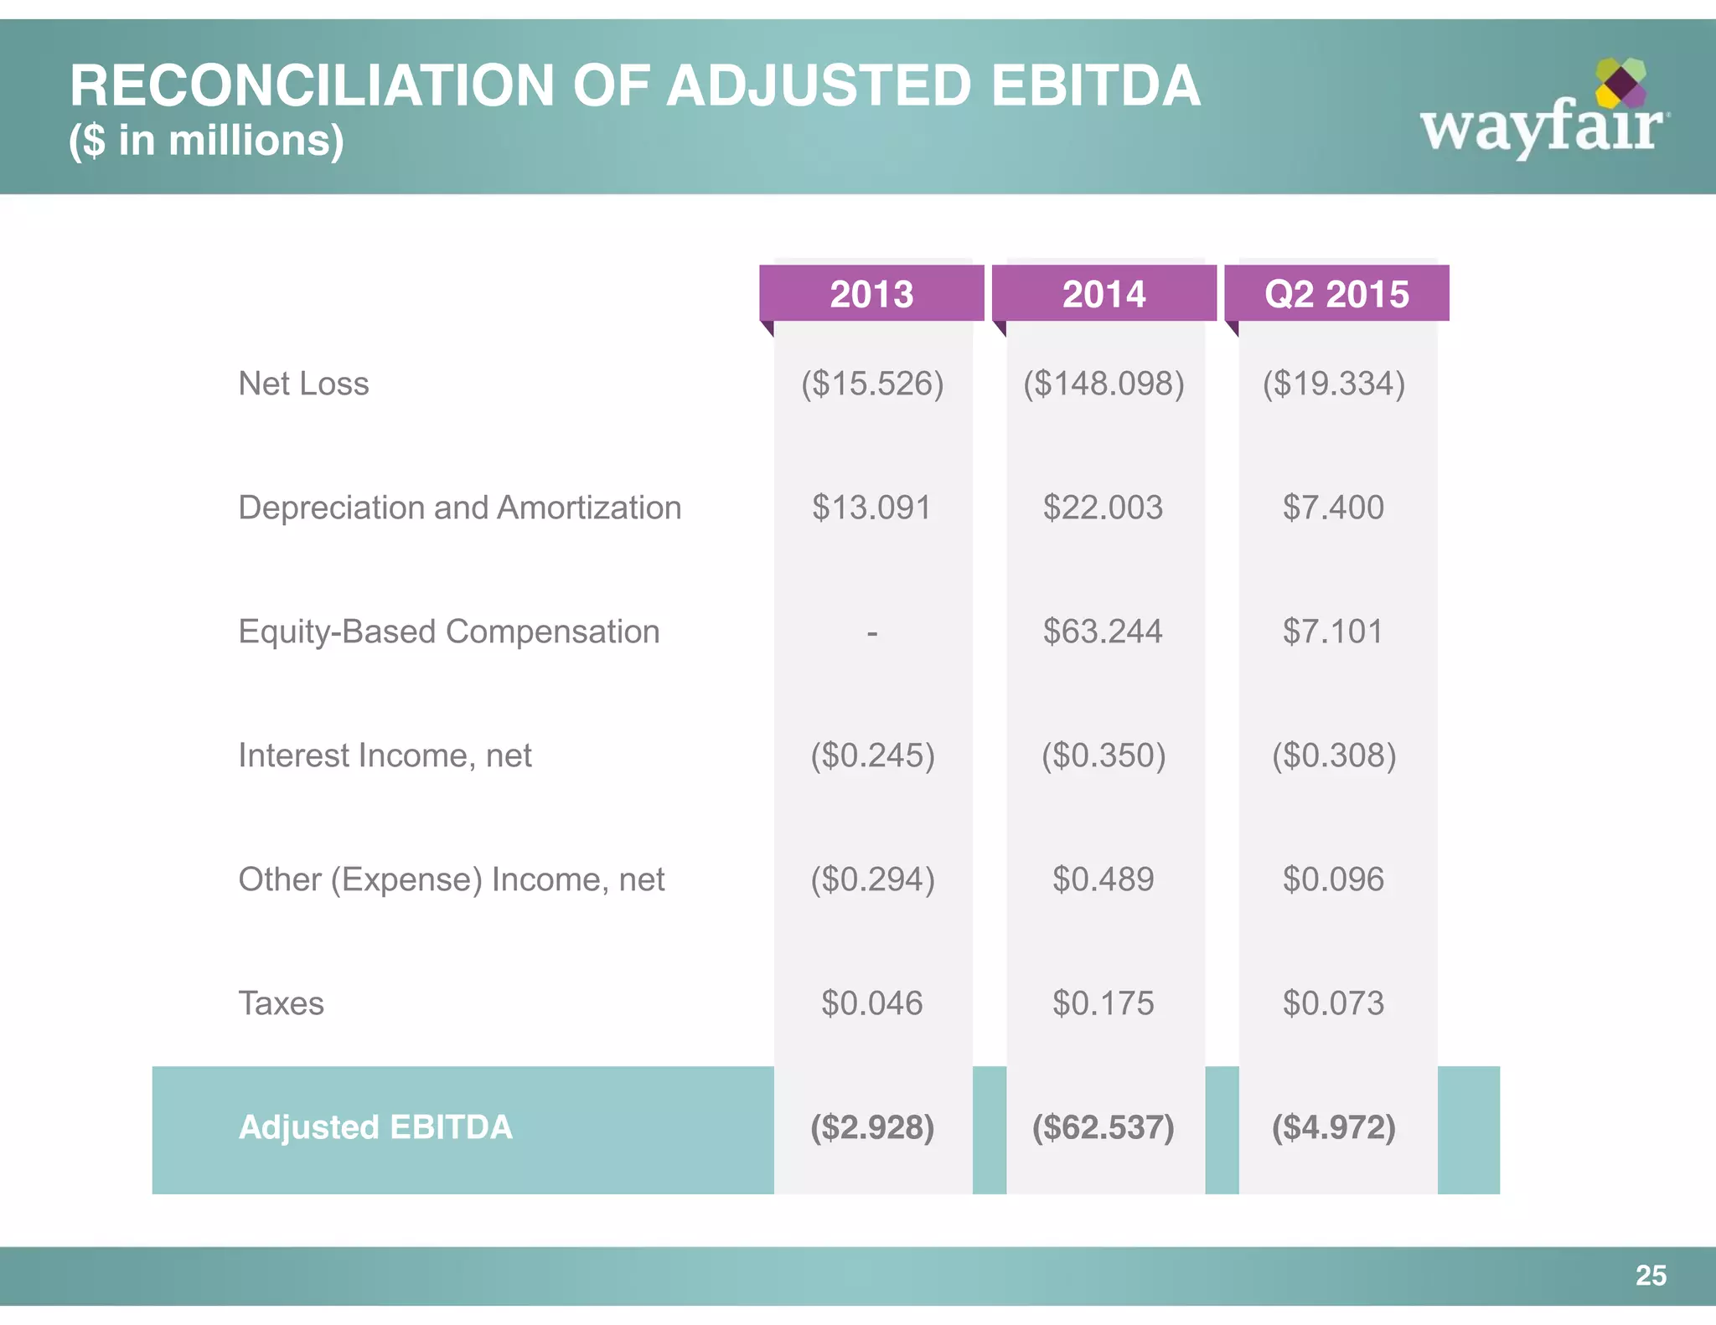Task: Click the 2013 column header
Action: (x=871, y=294)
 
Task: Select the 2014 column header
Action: (x=1104, y=294)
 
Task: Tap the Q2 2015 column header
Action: (x=1336, y=294)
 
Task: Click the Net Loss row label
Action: (x=303, y=384)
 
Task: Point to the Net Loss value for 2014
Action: (x=1104, y=384)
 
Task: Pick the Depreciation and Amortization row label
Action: (x=459, y=508)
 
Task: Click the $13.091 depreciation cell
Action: (x=871, y=508)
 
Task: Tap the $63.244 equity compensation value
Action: (x=1103, y=632)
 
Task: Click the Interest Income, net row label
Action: (x=385, y=755)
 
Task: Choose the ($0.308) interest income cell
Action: (x=1334, y=755)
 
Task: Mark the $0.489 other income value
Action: (x=1103, y=879)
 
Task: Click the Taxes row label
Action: (x=281, y=1003)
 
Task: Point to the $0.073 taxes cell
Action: (x=1333, y=1003)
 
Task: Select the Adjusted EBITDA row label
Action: (x=375, y=1127)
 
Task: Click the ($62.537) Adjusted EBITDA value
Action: (x=1103, y=1127)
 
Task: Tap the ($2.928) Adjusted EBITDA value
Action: (x=871, y=1127)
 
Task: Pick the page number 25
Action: (x=1651, y=1276)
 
